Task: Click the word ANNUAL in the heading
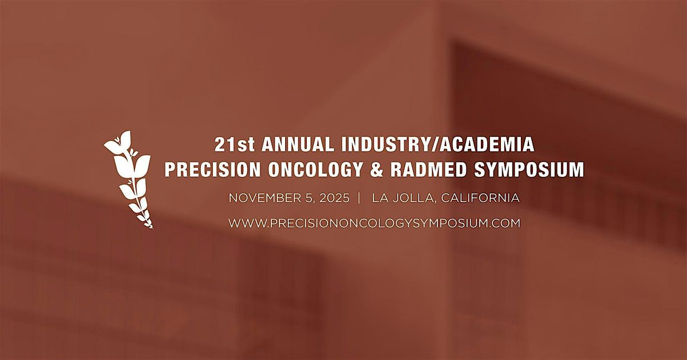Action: point(298,144)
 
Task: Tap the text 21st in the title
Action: point(234,144)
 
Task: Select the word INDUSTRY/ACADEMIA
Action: point(438,144)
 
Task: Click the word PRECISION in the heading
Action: point(213,169)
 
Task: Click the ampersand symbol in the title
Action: point(377,169)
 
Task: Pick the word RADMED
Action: point(428,169)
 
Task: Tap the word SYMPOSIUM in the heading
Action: point(529,169)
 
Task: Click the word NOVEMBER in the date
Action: point(266,198)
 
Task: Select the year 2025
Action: point(334,198)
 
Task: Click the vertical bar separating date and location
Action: point(359,198)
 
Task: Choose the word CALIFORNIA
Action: point(480,198)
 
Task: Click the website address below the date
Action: point(374,223)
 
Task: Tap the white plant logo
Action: point(128,180)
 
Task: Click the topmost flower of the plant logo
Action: point(119,143)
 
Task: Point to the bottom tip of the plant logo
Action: point(152,228)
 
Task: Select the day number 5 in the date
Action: point(310,198)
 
